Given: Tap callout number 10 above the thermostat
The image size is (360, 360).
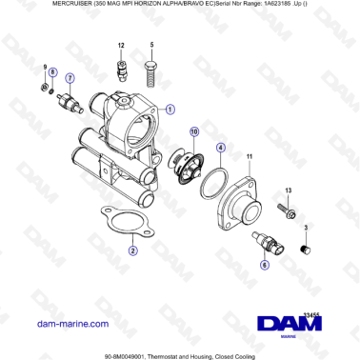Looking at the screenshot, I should coord(194,130).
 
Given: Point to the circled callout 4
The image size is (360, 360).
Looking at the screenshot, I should coord(220,149).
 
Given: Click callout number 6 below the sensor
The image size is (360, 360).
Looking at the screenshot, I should coord(264,268).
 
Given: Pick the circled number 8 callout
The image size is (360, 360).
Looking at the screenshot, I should coord(52,73).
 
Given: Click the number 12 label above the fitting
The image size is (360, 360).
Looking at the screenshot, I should coord(122,46).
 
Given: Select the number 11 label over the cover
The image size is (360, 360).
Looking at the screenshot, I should coord(250,155).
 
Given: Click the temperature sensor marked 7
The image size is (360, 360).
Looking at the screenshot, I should coord(70,100).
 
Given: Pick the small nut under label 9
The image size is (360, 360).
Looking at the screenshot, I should coord(45,90).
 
